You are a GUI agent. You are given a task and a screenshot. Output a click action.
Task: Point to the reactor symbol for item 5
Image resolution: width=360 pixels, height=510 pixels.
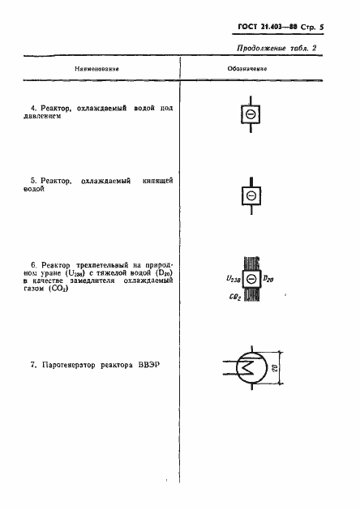pos(251,196)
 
